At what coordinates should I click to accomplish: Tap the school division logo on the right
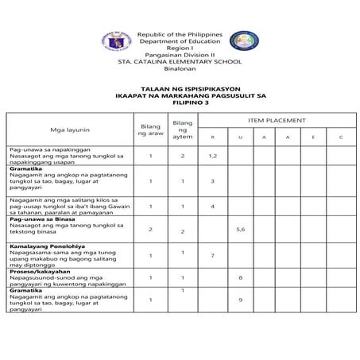click(243, 43)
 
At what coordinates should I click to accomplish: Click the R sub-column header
click(213, 138)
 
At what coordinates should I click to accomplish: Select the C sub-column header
click(340, 138)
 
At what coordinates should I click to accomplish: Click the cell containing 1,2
click(213, 156)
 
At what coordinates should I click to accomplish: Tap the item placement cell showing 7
click(213, 255)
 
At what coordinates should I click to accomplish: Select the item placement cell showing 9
click(240, 299)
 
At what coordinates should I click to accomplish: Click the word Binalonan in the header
click(179, 68)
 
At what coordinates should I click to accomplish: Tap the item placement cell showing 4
click(213, 206)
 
